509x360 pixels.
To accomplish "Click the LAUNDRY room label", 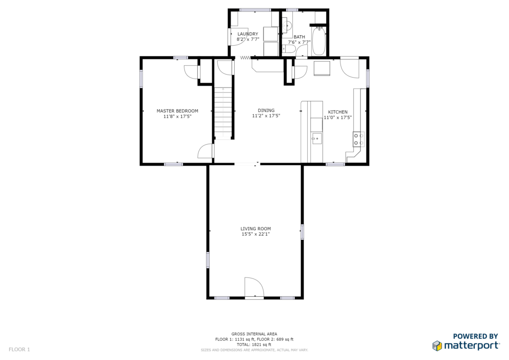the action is pos(248,34).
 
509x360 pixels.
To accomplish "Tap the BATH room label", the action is pos(299,37).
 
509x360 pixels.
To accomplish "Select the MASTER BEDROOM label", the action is pos(177,111).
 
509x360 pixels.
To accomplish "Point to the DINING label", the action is pos(266,110).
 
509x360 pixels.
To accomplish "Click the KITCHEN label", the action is pos(338,112).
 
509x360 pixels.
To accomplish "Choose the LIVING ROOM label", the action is pos(255,229).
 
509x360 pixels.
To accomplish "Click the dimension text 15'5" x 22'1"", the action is pos(255,234).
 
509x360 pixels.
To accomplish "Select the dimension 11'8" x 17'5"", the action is pos(177,116).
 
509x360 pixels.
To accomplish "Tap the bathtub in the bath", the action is pos(319,41).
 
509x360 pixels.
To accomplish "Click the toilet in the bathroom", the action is pos(288,49).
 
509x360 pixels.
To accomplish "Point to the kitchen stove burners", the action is pos(359,139).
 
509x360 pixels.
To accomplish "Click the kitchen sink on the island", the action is pos(316,139).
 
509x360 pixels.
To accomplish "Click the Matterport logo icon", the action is pos(437,346).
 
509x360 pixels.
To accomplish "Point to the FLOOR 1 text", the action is pos(19,350).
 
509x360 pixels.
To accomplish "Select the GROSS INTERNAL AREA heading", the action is pos(254,334).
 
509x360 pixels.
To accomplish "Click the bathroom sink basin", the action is pos(286,25).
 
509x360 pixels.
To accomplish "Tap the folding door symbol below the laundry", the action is pos(246,58).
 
